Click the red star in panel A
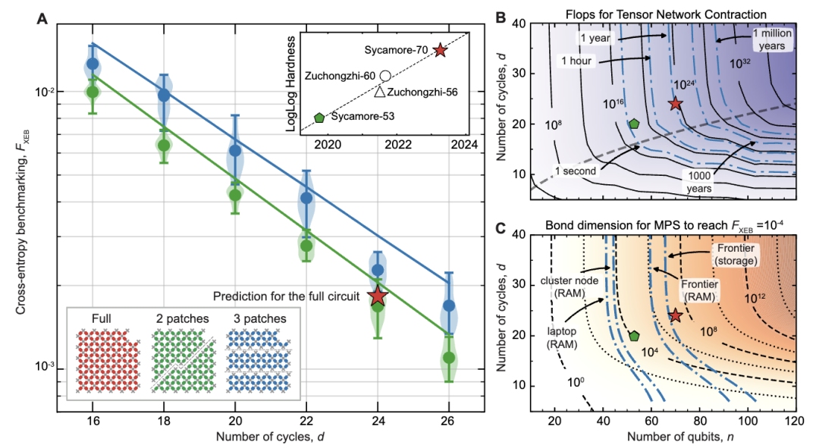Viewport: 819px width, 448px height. point(378,297)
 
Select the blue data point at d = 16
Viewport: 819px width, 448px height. point(93,64)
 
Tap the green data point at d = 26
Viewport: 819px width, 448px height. point(449,357)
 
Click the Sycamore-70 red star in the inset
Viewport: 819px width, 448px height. point(440,50)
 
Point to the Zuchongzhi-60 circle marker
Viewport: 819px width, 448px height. point(385,76)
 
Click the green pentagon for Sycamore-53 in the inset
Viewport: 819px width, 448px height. point(319,117)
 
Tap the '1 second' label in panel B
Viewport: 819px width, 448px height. point(578,172)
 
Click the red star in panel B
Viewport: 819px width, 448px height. point(675,104)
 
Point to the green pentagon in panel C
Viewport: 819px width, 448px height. point(634,336)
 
